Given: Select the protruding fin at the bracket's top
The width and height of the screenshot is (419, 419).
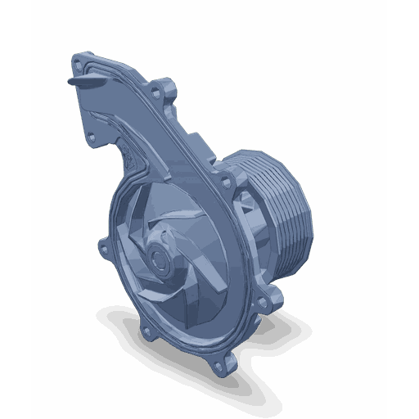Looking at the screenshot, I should coord(83,82).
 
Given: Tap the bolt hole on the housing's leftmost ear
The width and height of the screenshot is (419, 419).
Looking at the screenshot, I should coord(101,244).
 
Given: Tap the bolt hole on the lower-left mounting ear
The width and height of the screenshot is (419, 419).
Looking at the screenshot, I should coord(147,331).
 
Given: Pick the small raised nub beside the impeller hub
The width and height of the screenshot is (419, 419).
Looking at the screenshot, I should coord(169,241).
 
